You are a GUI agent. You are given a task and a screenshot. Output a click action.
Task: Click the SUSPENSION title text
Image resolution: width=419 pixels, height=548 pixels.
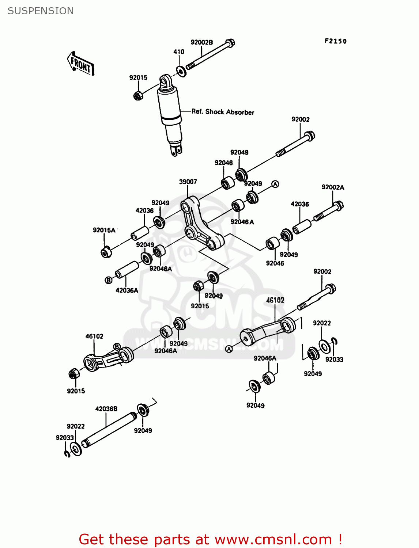coord(41,11)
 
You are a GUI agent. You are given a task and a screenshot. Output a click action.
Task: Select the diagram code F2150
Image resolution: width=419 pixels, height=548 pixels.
coord(335,41)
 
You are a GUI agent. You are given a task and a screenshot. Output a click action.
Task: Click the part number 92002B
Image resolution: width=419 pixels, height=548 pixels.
coord(201,42)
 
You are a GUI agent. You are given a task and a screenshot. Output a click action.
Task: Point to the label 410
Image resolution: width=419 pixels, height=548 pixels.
coord(178,52)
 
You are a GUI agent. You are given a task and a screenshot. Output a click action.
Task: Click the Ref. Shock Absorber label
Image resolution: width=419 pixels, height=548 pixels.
coord(223,112)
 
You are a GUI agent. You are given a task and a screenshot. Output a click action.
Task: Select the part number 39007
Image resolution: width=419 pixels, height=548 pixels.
coord(188,182)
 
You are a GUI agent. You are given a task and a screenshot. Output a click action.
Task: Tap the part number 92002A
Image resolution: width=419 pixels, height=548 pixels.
coord(333,187)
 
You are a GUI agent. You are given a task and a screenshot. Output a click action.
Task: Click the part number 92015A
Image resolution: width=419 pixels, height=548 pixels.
coord(104,230)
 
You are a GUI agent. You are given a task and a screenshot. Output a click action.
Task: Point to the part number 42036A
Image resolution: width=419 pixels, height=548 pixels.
coord(127,290)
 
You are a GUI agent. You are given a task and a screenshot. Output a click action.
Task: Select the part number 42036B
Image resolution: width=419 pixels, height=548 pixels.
coord(106,408)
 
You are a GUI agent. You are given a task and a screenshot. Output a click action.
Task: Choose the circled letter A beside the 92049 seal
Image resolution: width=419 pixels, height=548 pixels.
coord(275,184)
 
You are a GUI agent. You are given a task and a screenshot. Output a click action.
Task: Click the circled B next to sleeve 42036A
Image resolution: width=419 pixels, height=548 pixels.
coord(108,280)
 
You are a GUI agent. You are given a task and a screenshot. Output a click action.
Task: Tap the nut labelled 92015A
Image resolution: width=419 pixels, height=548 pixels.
coord(106,252)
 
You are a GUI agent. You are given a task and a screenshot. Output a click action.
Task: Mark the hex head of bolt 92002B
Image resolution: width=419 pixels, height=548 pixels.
coord(230,43)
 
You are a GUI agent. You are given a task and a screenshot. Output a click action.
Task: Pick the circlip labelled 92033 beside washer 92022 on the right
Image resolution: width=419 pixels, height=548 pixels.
coord(335,342)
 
